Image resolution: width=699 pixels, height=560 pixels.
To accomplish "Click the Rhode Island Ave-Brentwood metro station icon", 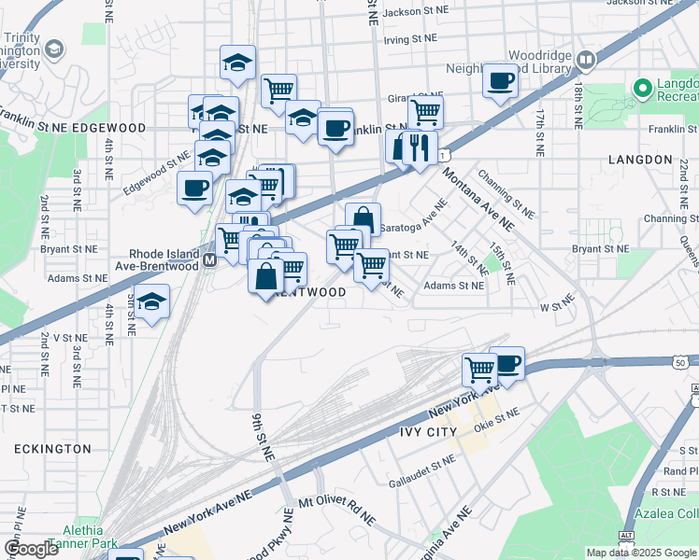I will tap(208, 263).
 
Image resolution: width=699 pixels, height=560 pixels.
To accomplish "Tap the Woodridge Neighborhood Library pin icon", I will tap(586, 62).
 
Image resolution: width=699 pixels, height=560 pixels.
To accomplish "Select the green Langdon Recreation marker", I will tap(642, 89).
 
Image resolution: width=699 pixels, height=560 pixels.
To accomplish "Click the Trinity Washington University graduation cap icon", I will tap(55, 49).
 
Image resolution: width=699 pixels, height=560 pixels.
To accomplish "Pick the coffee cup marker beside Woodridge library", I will tap(501, 81).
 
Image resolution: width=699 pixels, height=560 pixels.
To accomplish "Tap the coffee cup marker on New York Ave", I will tap(507, 363).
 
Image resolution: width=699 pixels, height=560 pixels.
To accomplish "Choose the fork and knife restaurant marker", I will tap(420, 147).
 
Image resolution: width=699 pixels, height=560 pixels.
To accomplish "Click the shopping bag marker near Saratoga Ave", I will tap(364, 220).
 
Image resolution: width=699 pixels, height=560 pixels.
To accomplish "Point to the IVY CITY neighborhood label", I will tap(428, 432).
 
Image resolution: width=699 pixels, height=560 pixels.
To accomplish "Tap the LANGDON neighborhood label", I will tap(640, 160).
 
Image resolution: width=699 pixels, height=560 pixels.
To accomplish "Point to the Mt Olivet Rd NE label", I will tap(336, 511).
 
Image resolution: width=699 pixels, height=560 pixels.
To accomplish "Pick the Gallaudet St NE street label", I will tap(421, 472).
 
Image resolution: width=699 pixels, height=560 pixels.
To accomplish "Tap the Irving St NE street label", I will tap(409, 39).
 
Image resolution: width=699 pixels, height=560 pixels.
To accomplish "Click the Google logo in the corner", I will tap(31, 549).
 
